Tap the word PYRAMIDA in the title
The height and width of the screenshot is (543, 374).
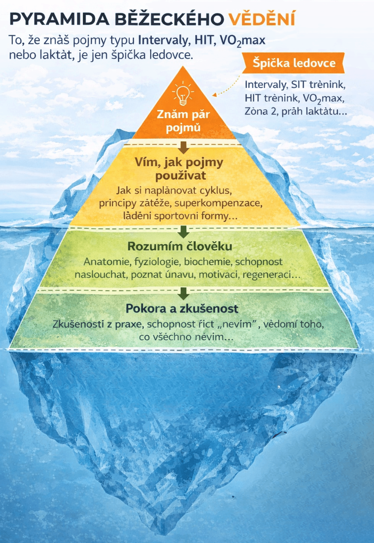59,19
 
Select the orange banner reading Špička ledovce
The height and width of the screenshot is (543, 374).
293,63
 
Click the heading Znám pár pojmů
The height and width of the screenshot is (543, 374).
183,121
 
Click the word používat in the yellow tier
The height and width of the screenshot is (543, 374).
181,176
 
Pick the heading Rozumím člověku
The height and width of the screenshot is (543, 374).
180,246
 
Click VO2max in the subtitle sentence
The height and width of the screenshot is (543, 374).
242,41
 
